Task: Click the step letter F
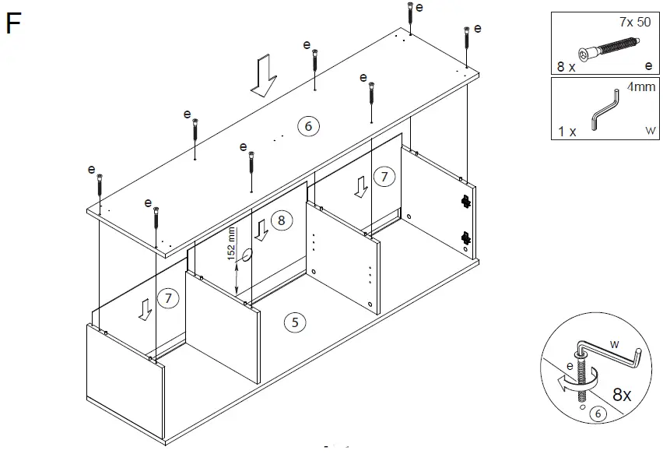(x=13, y=24)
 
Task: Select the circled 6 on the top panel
(x=308, y=126)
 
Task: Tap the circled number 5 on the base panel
(x=293, y=321)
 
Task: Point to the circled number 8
(x=282, y=220)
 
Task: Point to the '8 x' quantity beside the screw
(x=567, y=67)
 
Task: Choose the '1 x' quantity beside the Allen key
(x=567, y=131)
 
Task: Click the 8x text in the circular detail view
(x=623, y=395)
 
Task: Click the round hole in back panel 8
(x=247, y=255)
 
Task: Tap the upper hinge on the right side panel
(x=466, y=201)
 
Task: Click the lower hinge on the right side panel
(x=466, y=237)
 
